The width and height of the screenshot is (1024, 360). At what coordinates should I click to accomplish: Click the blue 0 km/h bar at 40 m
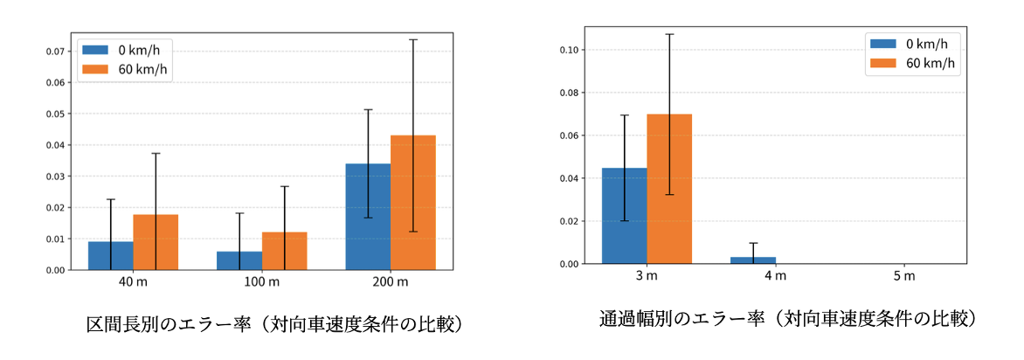click(x=111, y=256)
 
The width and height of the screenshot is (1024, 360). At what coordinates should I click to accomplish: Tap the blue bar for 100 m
click(x=239, y=260)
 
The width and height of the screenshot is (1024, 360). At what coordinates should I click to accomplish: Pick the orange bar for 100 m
click(x=284, y=251)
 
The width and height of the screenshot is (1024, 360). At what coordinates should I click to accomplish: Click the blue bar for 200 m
click(x=368, y=217)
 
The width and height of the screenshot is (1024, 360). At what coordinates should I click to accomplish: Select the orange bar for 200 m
click(x=412, y=203)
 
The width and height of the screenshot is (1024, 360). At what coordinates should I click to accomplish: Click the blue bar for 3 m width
click(x=625, y=216)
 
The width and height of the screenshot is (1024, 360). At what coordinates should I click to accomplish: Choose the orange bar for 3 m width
click(x=669, y=189)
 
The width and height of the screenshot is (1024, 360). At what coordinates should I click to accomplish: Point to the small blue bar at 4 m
click(x=753, y=260)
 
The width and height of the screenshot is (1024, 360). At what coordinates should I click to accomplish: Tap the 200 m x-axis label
click(x=390, y=282)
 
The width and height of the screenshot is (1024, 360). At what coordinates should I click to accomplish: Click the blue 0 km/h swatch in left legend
click(x=96, y=50)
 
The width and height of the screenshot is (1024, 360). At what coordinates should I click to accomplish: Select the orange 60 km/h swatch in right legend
click(x=884, y=63)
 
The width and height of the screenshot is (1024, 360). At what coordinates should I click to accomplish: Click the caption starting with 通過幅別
click(x=786, y=318)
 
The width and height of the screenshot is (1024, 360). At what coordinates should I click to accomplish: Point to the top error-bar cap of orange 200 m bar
click(x=412, y=39)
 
